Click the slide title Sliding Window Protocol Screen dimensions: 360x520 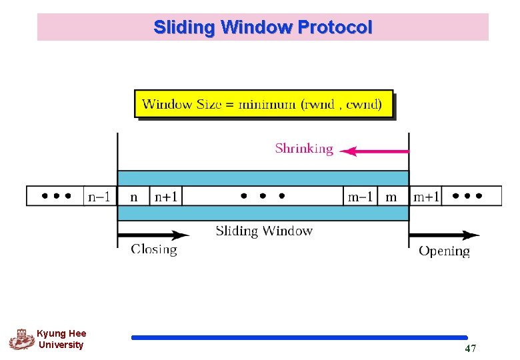click(263, 27)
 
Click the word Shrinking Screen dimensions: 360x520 click(304, 149)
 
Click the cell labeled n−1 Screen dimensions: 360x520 click(101, 197)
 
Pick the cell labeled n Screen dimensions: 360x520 click(134, 197)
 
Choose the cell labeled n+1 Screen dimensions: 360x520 click(166, 197)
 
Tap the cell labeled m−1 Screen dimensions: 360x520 click(361, 197)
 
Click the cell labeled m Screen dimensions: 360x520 click(392, 197)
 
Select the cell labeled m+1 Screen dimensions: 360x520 click(426, 197)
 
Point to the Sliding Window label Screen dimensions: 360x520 click(264, 231)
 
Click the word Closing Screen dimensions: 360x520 click(154, 250)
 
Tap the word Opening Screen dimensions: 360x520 click(444, 251)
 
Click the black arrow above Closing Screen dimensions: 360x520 click(154, 235)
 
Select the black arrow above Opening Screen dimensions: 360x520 click(444, 235)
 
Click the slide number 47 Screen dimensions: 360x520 click(470, 349)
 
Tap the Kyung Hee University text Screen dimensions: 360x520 click(61, 339)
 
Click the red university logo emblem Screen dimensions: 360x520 click(21, 339)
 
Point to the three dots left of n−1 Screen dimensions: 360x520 click(56, 197)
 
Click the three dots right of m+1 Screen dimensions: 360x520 click(476, 197)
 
